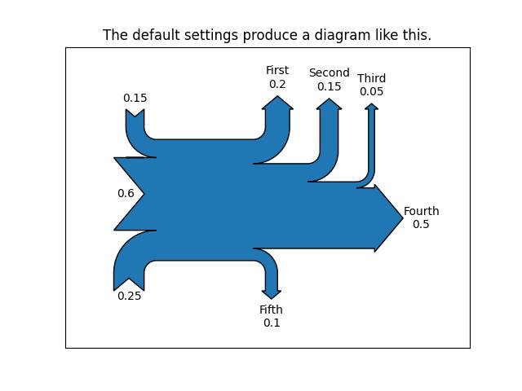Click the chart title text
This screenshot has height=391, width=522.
pos(267,35)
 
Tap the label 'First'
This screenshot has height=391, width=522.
pos(277,71)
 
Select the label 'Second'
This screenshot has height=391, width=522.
pos(329,73)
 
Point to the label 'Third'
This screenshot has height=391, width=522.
pos(371,79)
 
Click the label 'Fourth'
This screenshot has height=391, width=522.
pos(421,212)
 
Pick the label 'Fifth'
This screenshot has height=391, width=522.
pos(271,310)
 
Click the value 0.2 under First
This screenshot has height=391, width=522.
pos(277,84)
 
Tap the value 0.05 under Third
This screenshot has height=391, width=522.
pos(371,91)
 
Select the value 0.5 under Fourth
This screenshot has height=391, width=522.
pos(421,224)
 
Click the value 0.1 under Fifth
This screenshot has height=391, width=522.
pos(271,323)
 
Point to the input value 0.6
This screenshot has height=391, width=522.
pos(126,194)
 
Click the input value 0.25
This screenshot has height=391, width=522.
pos(129,296)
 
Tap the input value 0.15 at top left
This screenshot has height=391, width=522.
pos(135,99)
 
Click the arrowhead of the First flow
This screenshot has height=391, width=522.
pos(278,103)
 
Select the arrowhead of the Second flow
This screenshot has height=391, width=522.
pos(329,104)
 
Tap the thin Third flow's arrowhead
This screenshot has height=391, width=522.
pos(371,107)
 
